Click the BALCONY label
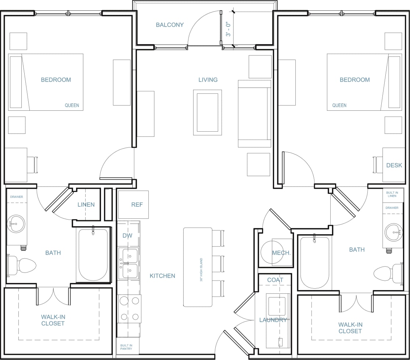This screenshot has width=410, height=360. coord(169,25)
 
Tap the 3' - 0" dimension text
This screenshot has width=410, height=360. coord(229,29)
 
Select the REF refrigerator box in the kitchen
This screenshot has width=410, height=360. coord(133,204)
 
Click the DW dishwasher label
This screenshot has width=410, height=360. coord(127,236)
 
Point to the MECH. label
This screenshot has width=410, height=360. coord(281,253)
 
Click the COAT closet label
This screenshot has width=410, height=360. coord(275,280)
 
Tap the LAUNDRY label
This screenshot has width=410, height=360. coord(273,320)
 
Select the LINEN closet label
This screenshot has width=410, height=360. coord(86,204)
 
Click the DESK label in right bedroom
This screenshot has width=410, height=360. coord(394,165)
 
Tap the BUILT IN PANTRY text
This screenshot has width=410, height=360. coord(126,347)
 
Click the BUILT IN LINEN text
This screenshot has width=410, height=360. coord(392,194)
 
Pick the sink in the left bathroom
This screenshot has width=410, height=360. coord(16,223)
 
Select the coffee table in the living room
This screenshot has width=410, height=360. coord(208,113)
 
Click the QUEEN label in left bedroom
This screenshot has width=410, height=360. coord(72,105)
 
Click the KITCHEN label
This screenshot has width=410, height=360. coord(162,276)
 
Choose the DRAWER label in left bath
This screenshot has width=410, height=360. coord(17,197)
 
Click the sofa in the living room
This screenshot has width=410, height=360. coord(254,113)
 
